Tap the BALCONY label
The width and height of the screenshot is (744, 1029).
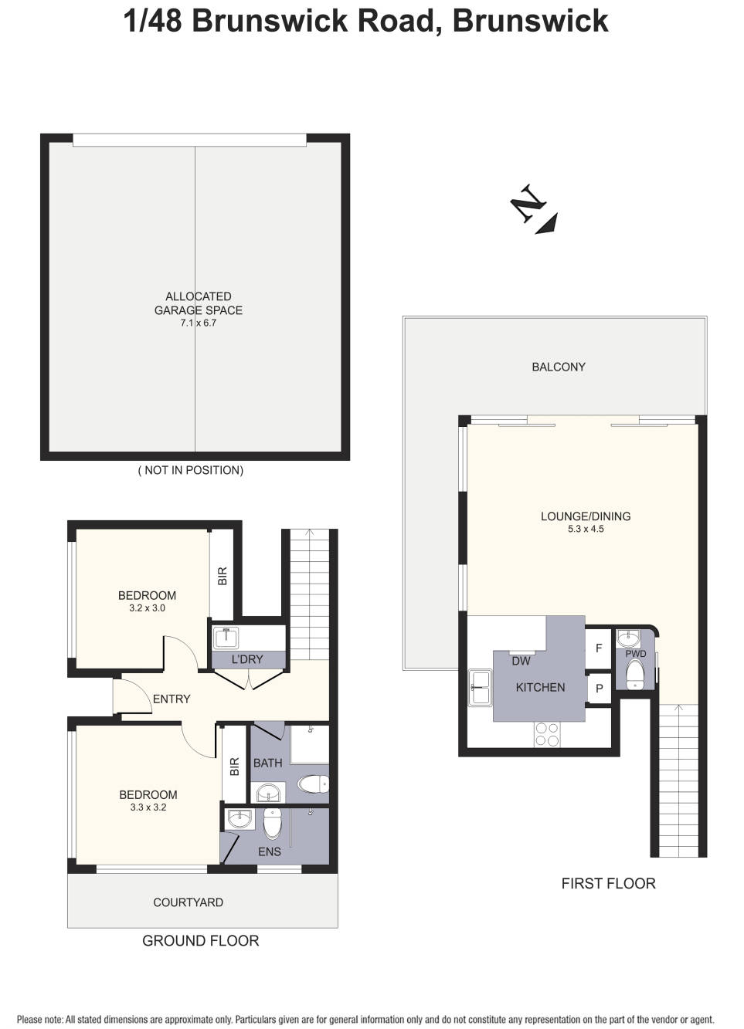pos(558,367)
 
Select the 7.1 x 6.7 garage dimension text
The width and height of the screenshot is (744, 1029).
pos(199,323)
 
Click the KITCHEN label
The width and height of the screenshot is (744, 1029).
pos(540,687)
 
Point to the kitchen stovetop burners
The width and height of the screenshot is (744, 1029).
pos(547,734)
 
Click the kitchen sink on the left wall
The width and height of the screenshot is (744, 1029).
pos(481,687)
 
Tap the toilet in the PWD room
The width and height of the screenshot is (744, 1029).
pos(635,674)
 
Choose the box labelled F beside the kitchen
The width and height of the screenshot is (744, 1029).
pos(599,648)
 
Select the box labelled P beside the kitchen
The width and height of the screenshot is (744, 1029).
pos(599,689)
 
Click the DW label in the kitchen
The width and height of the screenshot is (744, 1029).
pos(521,661)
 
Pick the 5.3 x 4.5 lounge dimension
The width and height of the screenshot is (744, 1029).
pos(586,529)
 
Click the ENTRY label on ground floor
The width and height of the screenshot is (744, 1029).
pos(172,699)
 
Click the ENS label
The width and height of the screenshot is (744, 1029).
pos(269,851)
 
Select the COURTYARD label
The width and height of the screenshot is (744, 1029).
pos(188,902)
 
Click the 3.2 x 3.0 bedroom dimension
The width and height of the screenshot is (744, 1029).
pos(147,608)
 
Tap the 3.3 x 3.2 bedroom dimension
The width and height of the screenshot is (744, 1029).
pos(148,807)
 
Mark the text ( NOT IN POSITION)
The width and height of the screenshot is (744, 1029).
pos(191,470)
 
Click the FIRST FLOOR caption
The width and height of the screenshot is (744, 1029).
pos(608,883)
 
